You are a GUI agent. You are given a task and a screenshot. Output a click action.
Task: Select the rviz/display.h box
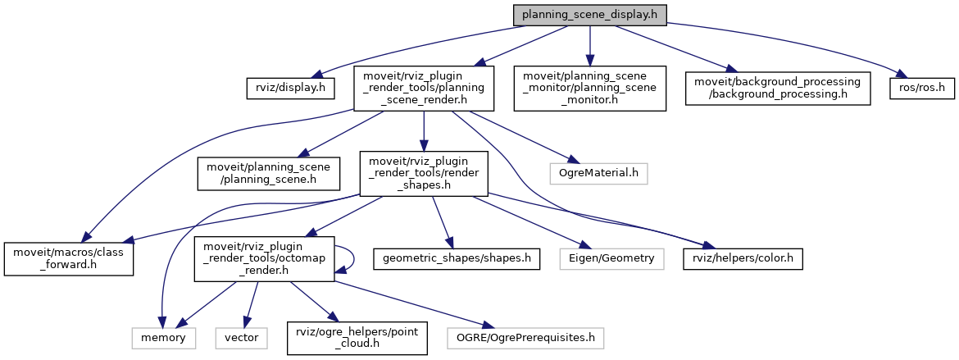[x=287, y=86]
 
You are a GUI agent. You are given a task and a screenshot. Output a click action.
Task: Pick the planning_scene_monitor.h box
[x=589, y=88]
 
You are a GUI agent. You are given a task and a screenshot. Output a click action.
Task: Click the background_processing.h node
[x=778, y=88]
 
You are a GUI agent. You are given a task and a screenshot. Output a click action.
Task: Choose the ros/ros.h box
[x=919, y=86]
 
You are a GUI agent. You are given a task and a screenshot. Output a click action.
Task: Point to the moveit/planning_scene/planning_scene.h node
[x=267, y=172]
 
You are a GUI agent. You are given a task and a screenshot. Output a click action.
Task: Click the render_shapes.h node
[x=423, y=172]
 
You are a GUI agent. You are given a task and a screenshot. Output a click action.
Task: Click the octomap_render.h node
[x=263, y=258]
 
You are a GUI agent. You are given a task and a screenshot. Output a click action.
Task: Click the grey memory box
[x=163, y=337]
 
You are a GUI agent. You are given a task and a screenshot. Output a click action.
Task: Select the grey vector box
[x=243, y=337]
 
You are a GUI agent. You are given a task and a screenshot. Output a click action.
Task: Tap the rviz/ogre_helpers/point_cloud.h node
[x=357, y=337]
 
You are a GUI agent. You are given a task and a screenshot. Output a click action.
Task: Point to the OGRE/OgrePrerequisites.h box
[x=526, y=337]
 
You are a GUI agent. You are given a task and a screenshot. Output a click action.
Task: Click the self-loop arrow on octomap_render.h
[x=354, y=257]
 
